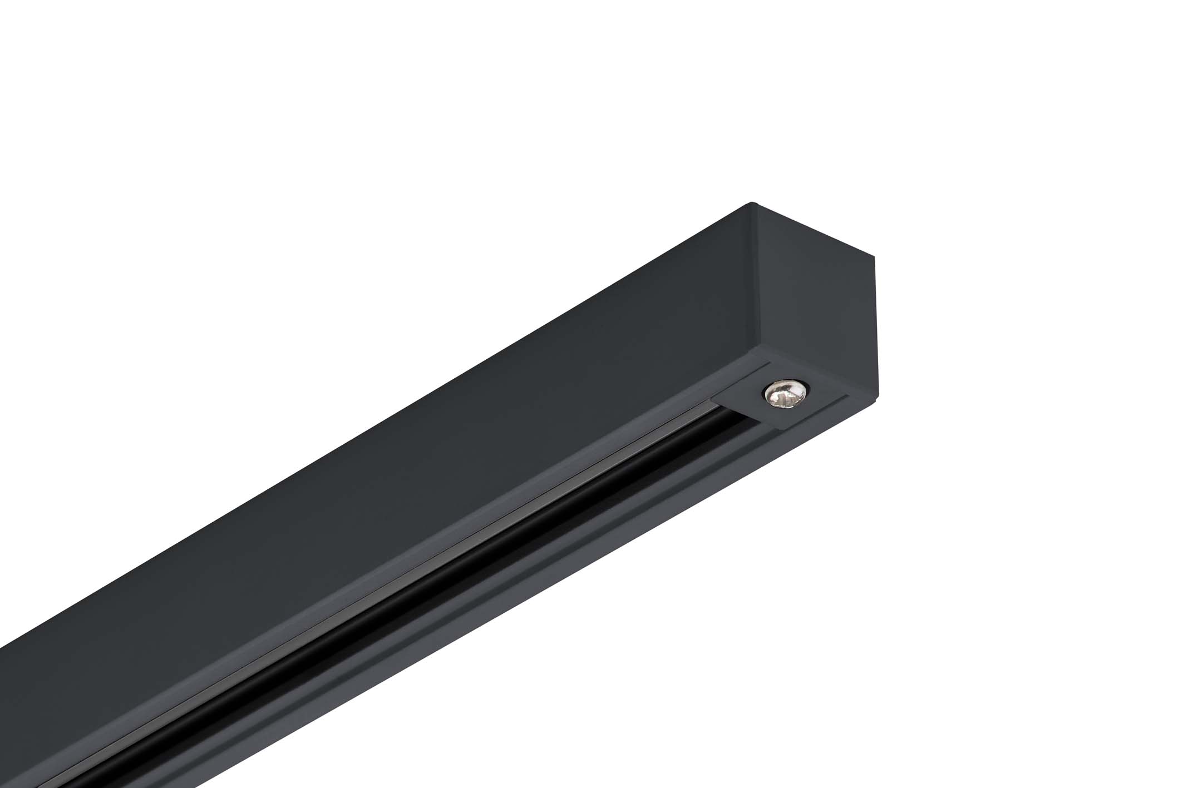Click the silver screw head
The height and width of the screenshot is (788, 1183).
coord(785,394)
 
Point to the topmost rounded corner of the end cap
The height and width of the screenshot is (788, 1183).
coord(753,204)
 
